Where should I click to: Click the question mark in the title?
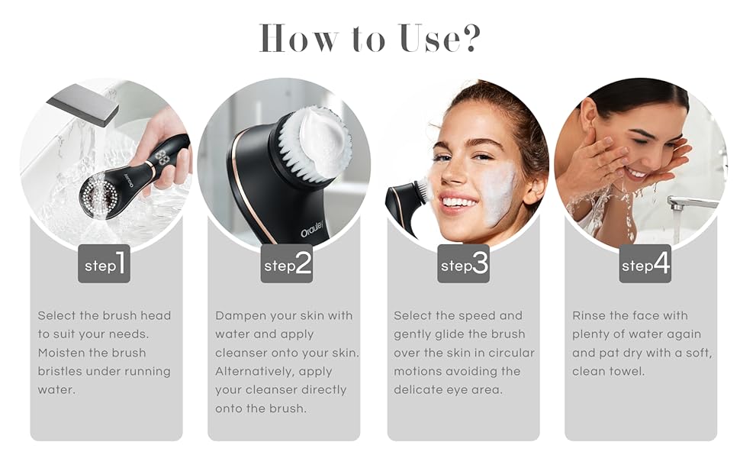[x=466, y=38]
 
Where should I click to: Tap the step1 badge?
[x=104, y=264]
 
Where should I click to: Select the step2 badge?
[x=287, y=264]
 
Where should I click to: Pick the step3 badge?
[x=463, y=264]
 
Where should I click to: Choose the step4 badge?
[x=645, y=264]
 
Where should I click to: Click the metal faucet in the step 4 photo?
[x=690, y=203]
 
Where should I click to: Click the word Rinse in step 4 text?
[x=589, y=316]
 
